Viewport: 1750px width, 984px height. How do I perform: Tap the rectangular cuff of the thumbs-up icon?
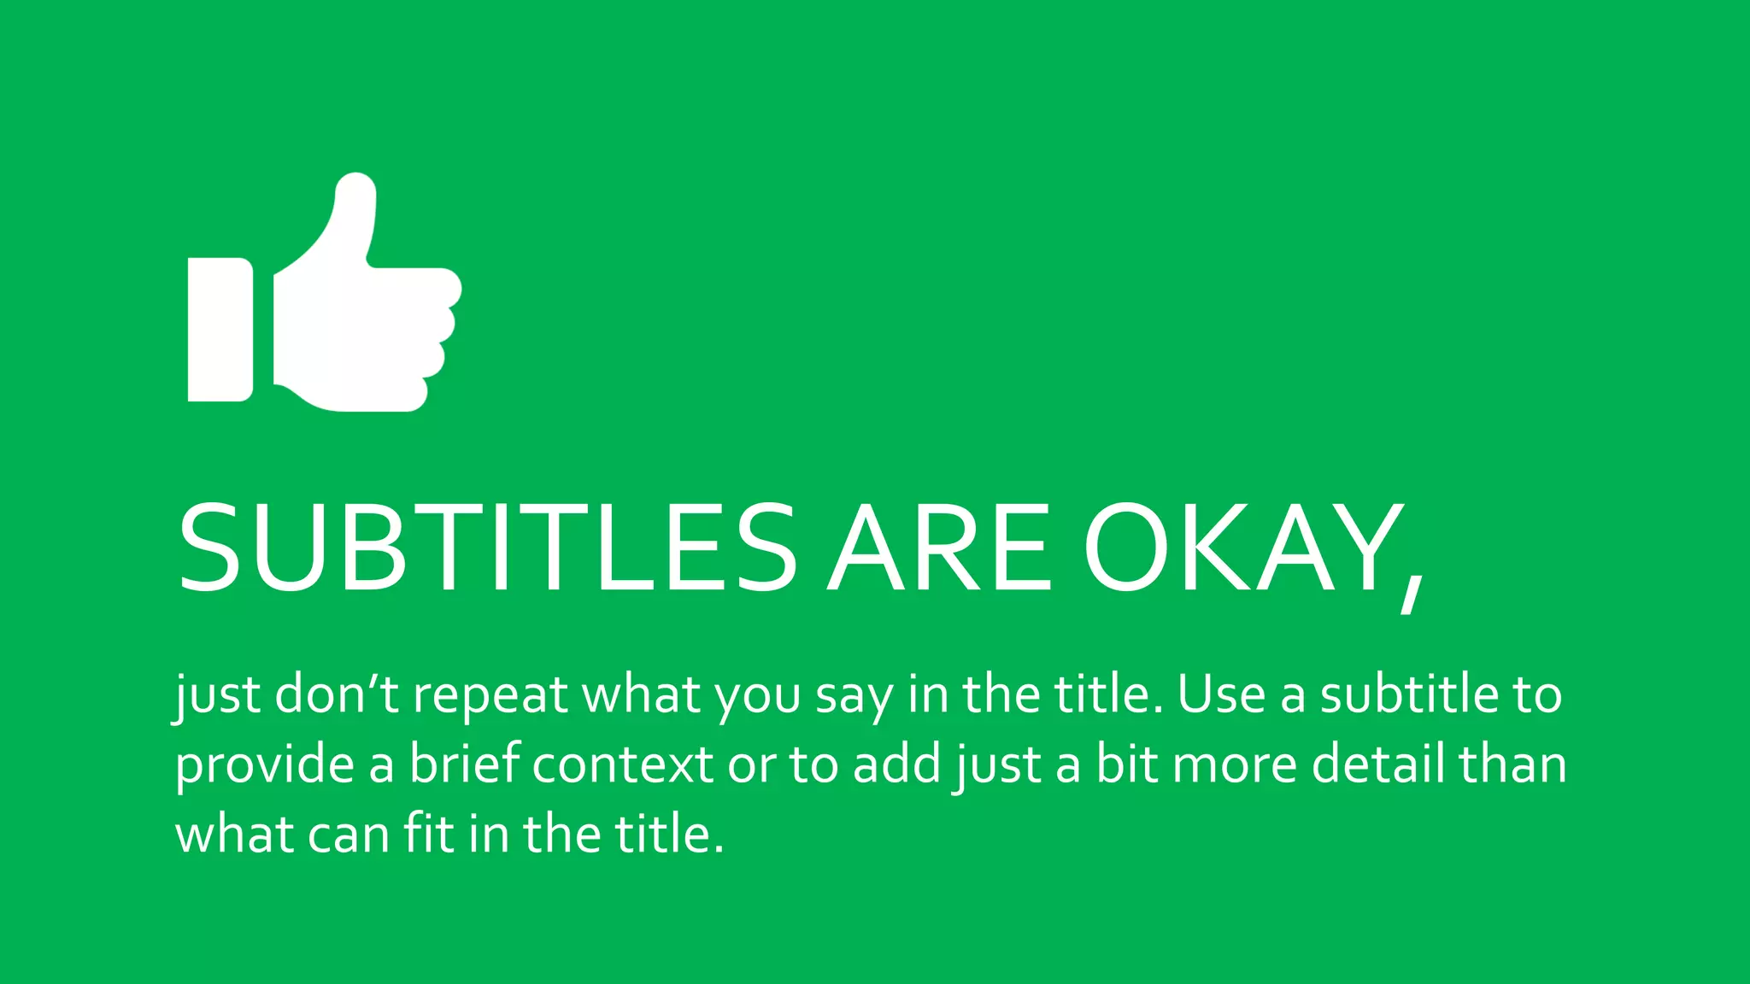tap(220, 329)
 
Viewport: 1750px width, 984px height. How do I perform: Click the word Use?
tap(1221, 694)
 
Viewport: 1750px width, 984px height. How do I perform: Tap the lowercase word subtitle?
tap(1410, 694)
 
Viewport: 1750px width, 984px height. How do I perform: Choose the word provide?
tap(265, 765)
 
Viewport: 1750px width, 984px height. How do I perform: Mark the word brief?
tap(465, 764)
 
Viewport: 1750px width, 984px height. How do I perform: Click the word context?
tap(623, 765)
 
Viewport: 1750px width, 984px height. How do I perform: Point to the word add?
tap(896, 764)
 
